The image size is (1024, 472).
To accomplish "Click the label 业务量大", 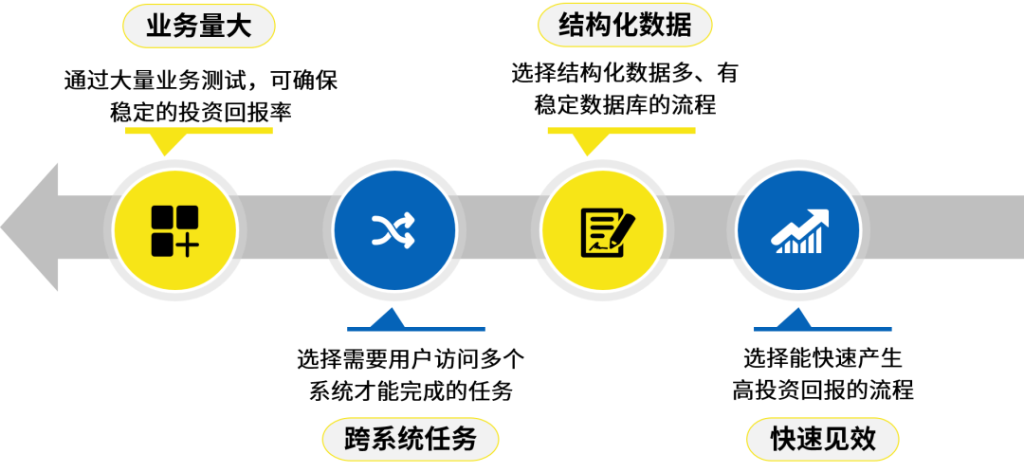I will (198, 27).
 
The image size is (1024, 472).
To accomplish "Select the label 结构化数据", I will (625, 26).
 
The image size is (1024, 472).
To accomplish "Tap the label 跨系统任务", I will (410, 440).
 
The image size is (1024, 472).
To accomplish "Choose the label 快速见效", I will (822, 440).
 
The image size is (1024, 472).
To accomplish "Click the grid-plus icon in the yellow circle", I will (174, 230).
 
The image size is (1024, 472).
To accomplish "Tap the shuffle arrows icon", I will (394, 230).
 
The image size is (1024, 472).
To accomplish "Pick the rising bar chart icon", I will (799, 231).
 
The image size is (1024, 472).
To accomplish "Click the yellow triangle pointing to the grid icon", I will (168, 144).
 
